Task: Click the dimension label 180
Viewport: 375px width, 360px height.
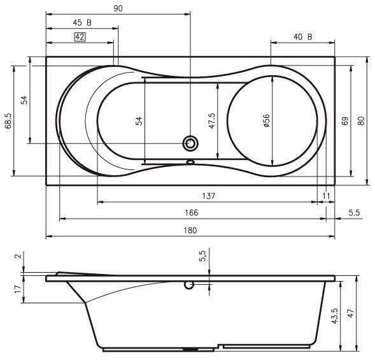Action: point(190,230)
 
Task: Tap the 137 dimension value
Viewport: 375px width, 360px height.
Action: point(207,196)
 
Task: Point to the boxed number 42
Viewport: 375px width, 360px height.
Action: point(80,37)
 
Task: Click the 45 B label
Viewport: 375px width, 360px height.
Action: point(81,22)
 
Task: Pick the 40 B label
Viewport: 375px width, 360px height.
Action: point(302,36)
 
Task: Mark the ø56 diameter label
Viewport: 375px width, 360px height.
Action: point(267,120)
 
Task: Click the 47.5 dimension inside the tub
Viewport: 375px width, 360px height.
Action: point(212,120)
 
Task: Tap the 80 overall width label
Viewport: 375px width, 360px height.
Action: point(361,120)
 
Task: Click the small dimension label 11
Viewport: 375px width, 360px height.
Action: point(327,196)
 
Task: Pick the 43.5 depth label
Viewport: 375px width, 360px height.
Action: point(335,315)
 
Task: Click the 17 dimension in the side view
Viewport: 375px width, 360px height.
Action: point(18,289)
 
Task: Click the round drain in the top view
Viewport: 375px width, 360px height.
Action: point(190,143)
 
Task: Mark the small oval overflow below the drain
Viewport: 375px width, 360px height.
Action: point(190,161)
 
